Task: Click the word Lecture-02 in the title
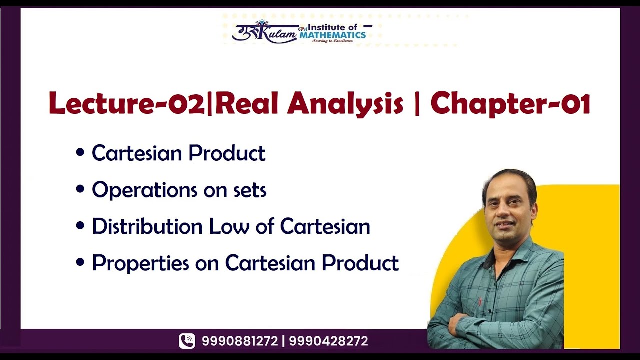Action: tap(127, 104)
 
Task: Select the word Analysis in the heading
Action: tap(345, 104)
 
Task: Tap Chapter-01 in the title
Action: tap(510, 104)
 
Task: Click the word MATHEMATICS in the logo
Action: tap(333, 35)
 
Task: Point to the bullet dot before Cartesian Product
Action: tap(80, 154)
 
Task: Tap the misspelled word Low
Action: tap(229, 226)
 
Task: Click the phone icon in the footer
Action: tap(187, 341)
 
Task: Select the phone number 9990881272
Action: tap(240, 341)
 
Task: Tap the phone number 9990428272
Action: tap(328, 341)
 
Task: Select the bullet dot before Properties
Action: tap(80, 263)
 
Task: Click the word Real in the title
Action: tap(242, 104)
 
